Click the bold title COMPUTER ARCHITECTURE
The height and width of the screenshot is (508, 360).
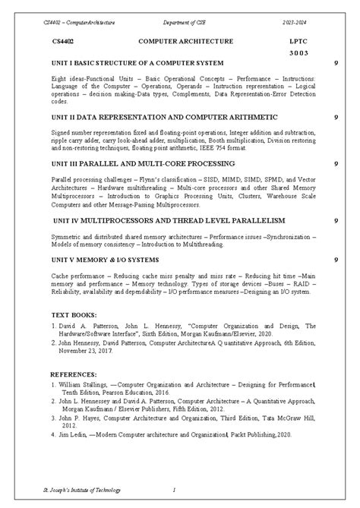point(178,44)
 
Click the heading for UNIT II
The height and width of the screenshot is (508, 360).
point(154,118)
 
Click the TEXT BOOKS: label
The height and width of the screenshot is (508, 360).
point(75,314)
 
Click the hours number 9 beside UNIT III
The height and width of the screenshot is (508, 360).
point(336,163)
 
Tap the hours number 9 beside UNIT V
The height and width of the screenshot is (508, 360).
point(336,260)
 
